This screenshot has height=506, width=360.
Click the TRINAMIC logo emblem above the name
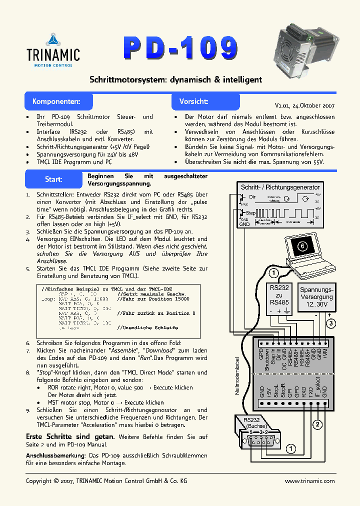pos(52,39)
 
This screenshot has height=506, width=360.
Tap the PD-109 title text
pos(180,48)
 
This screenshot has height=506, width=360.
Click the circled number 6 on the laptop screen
pos(301,245)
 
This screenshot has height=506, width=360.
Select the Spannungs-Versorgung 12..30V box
pos(316,296)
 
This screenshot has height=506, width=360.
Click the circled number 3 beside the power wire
pos(331,323)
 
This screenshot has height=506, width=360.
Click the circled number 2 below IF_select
pos(316,425)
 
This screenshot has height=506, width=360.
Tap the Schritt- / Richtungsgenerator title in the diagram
pos(280,187)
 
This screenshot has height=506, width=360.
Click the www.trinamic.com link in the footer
pos(309,481)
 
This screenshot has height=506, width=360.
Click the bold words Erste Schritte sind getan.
pos(70,436)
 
